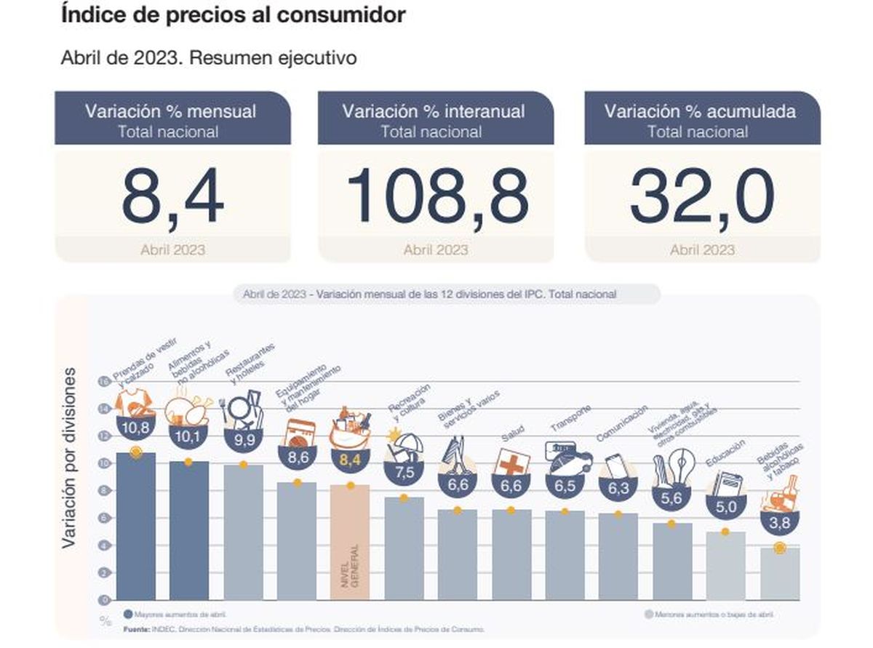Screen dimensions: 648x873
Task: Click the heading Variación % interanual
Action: click(x=434, y=111)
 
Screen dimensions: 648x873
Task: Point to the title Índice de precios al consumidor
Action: click(x=233, y=15)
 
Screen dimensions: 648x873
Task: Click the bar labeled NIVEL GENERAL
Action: click(x=350, y=542)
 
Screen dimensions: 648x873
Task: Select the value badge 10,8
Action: click(x=135, y=428)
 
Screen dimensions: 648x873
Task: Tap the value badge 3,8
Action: click(x=779, y=521)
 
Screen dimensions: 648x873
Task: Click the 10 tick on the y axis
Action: click(x=104, y=463)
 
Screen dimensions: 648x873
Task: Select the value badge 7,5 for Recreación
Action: click(x=404, y=471)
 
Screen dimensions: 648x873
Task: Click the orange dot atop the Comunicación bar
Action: click(x=618, y=514)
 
